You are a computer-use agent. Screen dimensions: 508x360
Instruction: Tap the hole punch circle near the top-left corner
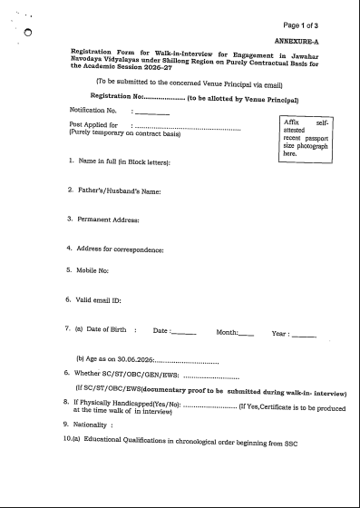[x=28, y=33]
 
